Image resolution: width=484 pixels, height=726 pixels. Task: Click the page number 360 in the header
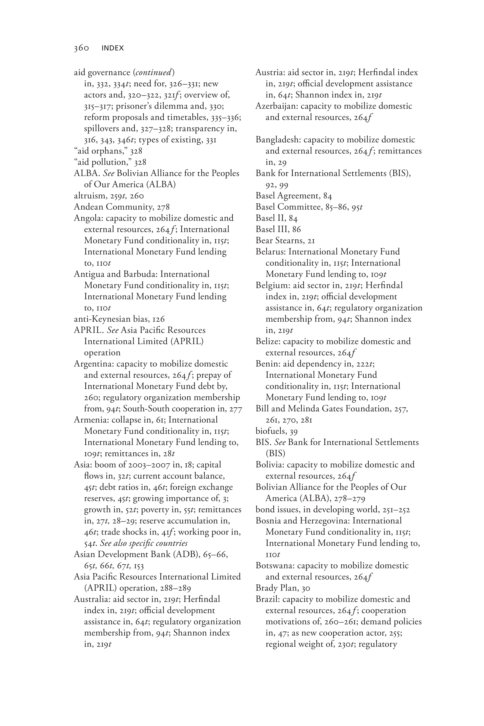pyautogui.click(x=81, y=48)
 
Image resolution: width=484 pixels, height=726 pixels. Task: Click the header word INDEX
pyautogui.click(x=113, y=48)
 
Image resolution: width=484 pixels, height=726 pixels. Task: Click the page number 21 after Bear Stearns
pyautogui.click(x=303, y=240)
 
